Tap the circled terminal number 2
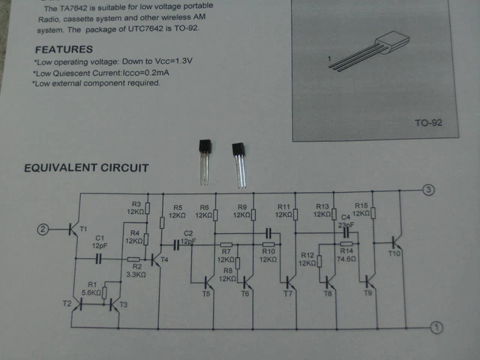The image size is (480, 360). [43, 229]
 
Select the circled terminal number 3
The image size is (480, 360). [428, 189]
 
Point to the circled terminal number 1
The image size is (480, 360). [438, 327]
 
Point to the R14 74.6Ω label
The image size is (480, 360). [346, 254]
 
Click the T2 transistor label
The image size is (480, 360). [65, 303]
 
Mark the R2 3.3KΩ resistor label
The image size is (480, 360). [136, 271]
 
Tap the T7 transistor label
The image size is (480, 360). [288, 292]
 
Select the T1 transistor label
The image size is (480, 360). [82, 228]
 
